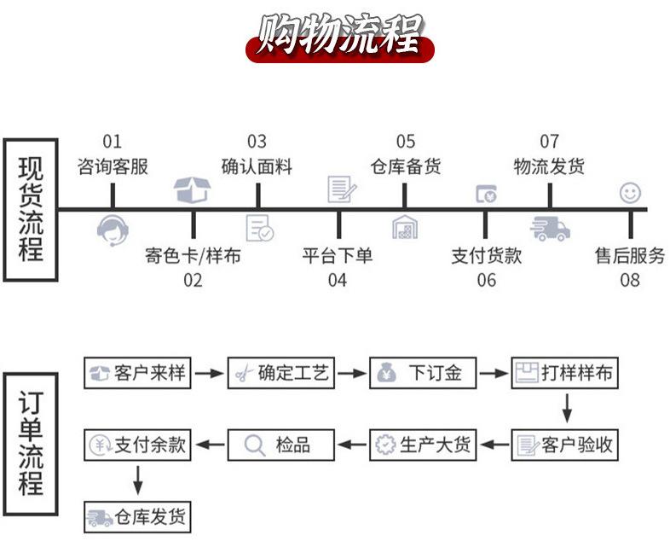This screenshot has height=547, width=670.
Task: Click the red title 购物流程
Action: pyautogui.click(x=340, y=37)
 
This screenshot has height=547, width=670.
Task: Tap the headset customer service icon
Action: pyautogui.click(x=113, y=230)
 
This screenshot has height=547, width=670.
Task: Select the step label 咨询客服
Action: pyautogui.click(x=113, y=166)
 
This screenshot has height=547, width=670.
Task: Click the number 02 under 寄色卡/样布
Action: pyautogui.click(x=193, y=280)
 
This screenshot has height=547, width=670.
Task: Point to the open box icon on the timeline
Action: pyautogui.click(x=193, y=190)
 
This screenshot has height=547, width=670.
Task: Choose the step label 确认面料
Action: pyautogui.click(x=257, y=166)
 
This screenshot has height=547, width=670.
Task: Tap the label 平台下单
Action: pyautogui.click(x=338, y=256)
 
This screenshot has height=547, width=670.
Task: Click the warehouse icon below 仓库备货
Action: pyautogui.click(x=405, y=227)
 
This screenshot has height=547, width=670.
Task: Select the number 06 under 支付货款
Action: pyautogui.click(x=486, y=280)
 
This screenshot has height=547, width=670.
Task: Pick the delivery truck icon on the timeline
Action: pyautogui.click(x=550, y=229)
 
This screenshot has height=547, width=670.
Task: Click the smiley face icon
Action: pyautogui.click(x=630, y=193)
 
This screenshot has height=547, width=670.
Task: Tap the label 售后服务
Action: pyautogui.click(x=630, y=256)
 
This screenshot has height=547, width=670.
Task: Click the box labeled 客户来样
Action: pyautogui.click(x=137, y=373)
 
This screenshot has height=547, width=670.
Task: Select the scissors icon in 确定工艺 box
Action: pyautogui.click(x=244, y=374)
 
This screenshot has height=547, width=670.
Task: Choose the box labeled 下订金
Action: pyautogui.click(x=423, y=373)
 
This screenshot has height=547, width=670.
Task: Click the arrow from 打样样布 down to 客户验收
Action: pyautogui.click(x=567, y=409)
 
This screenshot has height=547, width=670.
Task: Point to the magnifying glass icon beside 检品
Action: pyautogui.click(x=255, y=445)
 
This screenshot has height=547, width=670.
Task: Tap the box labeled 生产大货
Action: pyautogui.click(x=423, y=445)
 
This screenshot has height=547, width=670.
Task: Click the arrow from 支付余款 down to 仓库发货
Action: pyautogui.click(x=137, y=480)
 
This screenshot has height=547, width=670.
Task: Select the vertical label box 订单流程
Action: pyautogui.click(x=31, y=444)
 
